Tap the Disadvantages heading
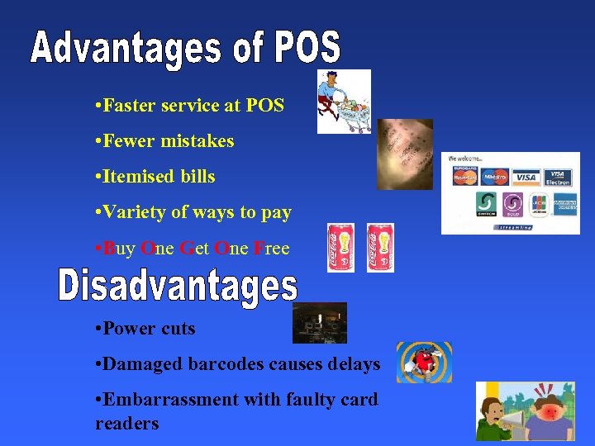[178, 287]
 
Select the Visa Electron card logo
[559, 177]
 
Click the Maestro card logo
[495, 177]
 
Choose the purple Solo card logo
[512, 204]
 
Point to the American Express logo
[564, 204]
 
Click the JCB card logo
[538, 204]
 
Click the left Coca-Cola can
[340, 248]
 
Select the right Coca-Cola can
[379, 248]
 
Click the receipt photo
[405, 154]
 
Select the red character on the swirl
[423, 363]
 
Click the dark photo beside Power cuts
[319, 323]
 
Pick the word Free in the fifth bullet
[271, 249]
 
